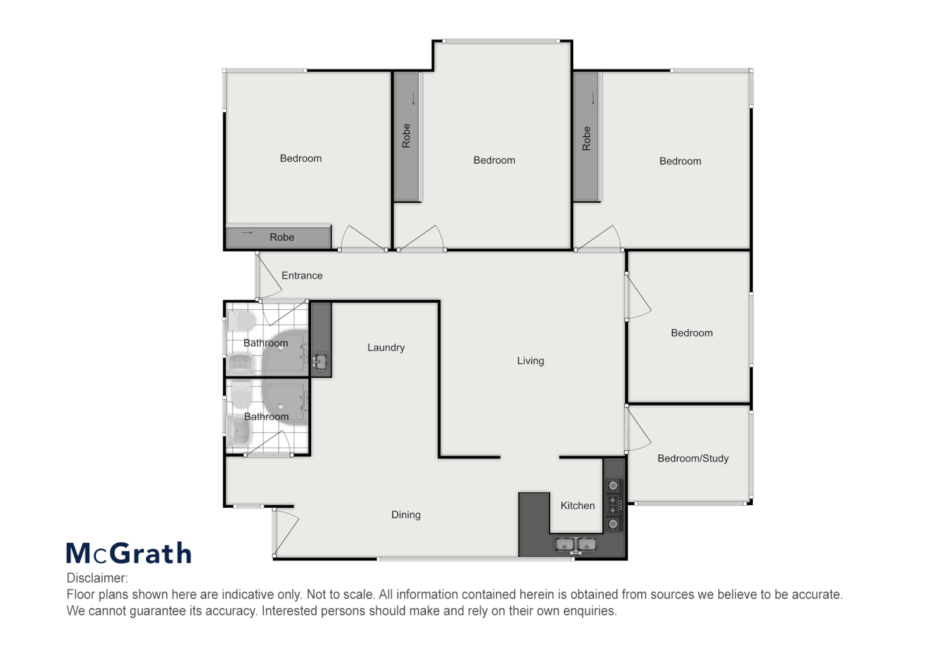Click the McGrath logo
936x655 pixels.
[x=129, y=553]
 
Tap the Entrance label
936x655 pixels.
[x=301, y=275]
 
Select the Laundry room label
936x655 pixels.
[x=386, y=348]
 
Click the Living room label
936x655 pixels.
[x=530, y=361]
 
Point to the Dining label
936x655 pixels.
[x=406, y=515]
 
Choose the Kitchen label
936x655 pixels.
[x=577, y=505]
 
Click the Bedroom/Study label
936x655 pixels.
[x=693, y=458]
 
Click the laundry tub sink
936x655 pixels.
[x=320, y=362]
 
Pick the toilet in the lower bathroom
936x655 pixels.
[x=241, y=395]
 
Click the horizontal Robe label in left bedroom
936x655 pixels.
[x=281, y=237]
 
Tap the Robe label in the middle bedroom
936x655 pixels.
[x=406, y=136]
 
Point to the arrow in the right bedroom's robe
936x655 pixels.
[x=593, y=98]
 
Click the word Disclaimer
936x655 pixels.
[x=97, y=578]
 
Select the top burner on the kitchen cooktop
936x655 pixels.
[x=614, y=485]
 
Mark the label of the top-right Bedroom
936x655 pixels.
[x=680, y=161]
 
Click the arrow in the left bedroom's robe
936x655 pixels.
[x=246, y=233]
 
